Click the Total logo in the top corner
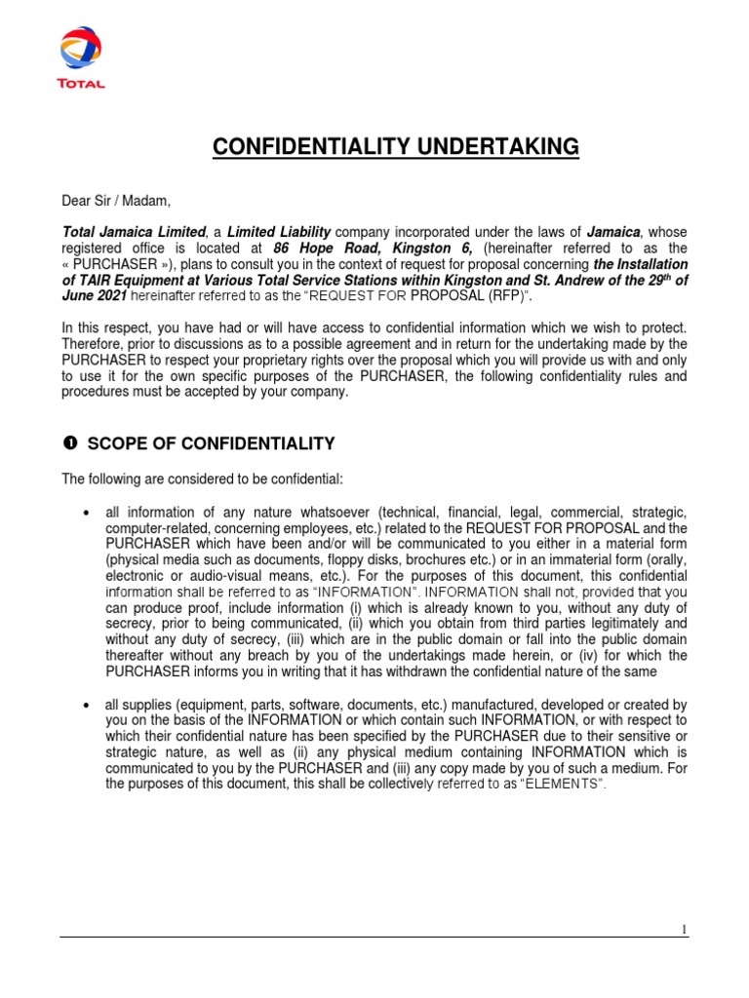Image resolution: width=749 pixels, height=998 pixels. (81, 58)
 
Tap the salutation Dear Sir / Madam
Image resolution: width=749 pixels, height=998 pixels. (116, 202)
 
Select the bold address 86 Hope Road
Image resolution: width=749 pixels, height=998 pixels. (332, 249)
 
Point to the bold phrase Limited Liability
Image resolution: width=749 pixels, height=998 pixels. (279, 232)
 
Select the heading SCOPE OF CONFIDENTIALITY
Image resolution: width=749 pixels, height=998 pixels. (211, 444)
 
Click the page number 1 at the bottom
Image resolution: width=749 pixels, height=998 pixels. (685, 930)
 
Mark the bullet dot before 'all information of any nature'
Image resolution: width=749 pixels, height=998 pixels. (90, 514)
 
